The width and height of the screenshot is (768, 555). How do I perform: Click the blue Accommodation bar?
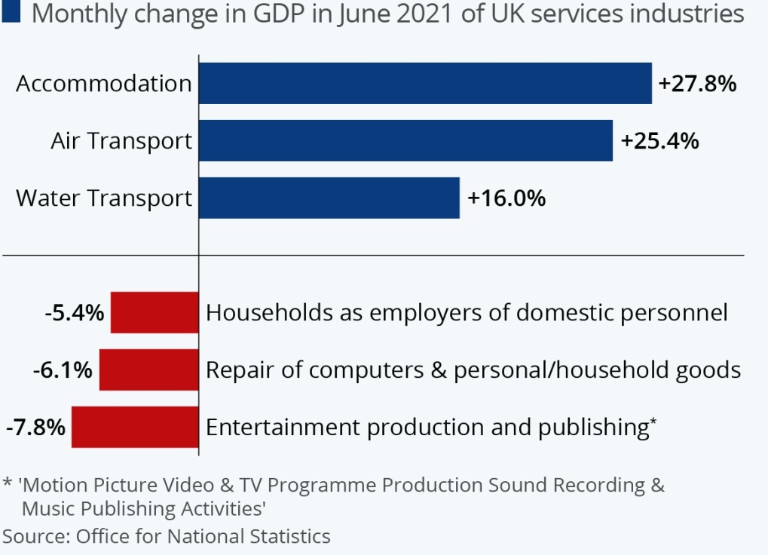pyautogui.click(x=425, y=83)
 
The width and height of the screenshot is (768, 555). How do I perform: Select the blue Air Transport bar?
pyautogui.click(x=405, y=140)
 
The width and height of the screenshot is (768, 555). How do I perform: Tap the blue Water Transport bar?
pyautogui.click(x=329, y=198)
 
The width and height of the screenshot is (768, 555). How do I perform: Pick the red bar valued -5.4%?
pyautogui.click(x=155, y=312)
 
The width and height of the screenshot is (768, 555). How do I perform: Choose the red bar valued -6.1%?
pyautogui.click(x=149, y=369)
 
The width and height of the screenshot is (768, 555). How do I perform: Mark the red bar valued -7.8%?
pyautogui.click(x=135, y=427)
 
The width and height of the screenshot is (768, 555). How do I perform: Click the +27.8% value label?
pyautogui.click(x=697, y=84)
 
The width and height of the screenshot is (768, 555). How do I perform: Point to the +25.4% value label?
pyautogui.click(x=659, y=141)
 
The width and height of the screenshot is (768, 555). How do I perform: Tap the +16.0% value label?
pyautogui.click(x=506, y=198)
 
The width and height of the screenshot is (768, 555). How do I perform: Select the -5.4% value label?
pyautogui.click(x=74, y=312)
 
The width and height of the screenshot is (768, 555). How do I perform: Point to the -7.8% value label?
pyautogui.click(x=35, y=427)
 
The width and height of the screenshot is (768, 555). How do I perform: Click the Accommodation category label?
pyautogui.click(x=104, y=83)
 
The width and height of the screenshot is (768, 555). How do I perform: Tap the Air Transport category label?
pyautogui.click(x=121, y=141)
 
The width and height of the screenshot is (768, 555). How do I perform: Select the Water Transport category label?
pyautogui.click(x=104, y=198)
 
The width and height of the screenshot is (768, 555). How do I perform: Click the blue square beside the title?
pyautogui.click(x=11, y=13)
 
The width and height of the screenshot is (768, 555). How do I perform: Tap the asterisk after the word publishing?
pyautogui.click(x=653, y=422)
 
